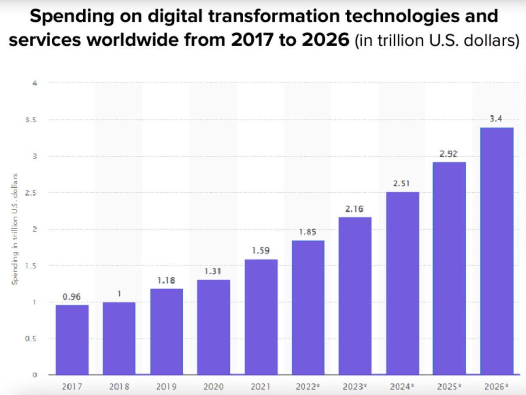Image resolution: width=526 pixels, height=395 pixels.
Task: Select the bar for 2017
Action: click(x=72, y=340)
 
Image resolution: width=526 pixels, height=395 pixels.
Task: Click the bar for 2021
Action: click(x=261, y=317)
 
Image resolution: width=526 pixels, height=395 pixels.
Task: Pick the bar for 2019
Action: click(x=167, y=332)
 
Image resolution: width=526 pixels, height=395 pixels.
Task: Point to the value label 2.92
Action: click(x=449, y=154)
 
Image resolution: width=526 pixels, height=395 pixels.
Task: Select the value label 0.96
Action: click(x=72, y=297)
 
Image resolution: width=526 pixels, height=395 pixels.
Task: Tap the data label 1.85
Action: click(x=308, y=232)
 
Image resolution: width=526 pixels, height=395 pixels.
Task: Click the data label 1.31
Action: click(x=213, y=272)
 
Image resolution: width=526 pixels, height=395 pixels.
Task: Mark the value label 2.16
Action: click(x=355, y=209)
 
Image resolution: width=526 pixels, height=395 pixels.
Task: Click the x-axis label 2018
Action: click(x=120, y=387)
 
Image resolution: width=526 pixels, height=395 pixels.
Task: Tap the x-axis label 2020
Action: click(x=213, y=387)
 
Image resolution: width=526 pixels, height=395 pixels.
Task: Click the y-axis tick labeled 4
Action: click(x=34, y=83)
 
